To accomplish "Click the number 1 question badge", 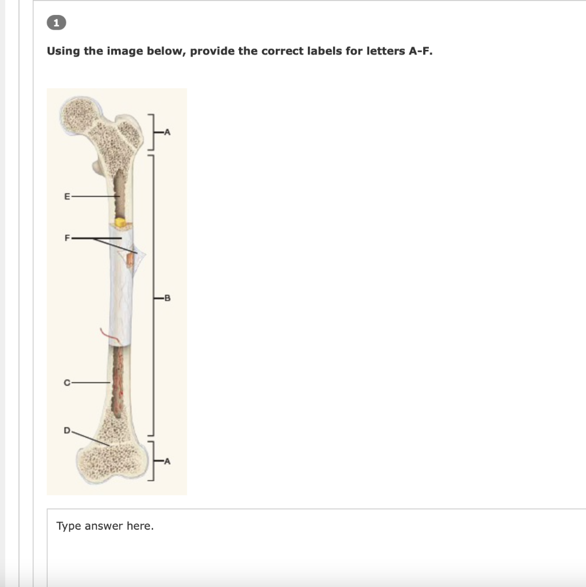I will pos(56,23).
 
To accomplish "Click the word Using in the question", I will pos(64,51).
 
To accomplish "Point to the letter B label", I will pos(167,298).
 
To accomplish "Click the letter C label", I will pos(67,382).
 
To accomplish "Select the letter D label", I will pos(67,429).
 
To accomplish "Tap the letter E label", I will pos(67,196).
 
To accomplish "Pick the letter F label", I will pos(67,237).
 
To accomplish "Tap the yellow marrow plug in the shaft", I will pos(120,221).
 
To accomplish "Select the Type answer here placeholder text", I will pos(105,526).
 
